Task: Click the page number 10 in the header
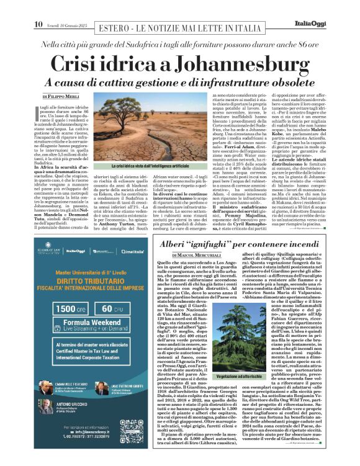click(x=38, y=7)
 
